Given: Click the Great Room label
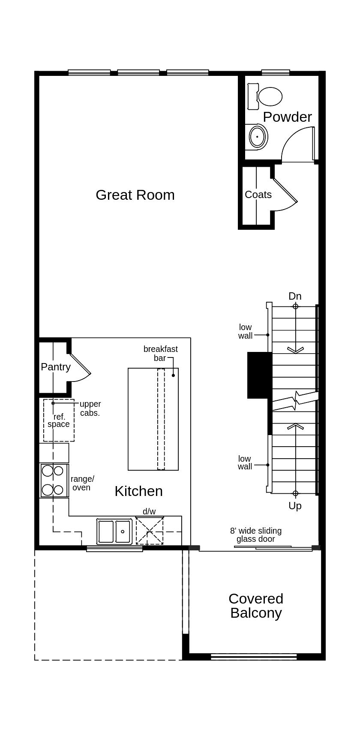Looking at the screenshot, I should (135, 195).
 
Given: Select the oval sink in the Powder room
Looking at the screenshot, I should (257, 137).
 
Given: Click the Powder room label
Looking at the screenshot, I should (287, 117).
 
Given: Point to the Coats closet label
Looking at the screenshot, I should (258, 195).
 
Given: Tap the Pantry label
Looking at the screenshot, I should (55, 367).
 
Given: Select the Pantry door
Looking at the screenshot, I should (80, 364).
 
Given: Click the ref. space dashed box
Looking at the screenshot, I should (59, 421).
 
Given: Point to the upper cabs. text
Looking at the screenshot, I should (90, 409).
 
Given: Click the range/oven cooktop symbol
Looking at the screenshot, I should (54, 481).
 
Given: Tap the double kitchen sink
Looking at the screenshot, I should (114, 532).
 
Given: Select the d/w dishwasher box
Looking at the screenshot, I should (150, 531).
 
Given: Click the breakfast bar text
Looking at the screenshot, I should (160, 353).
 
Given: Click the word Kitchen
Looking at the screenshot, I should (138, 491).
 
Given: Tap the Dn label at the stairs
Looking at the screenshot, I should (295, 296).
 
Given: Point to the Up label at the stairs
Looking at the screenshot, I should (295, 506).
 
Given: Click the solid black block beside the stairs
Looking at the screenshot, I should (259, 375).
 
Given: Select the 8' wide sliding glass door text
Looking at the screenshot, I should (256, 535).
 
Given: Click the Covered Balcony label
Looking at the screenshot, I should (256, 606).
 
